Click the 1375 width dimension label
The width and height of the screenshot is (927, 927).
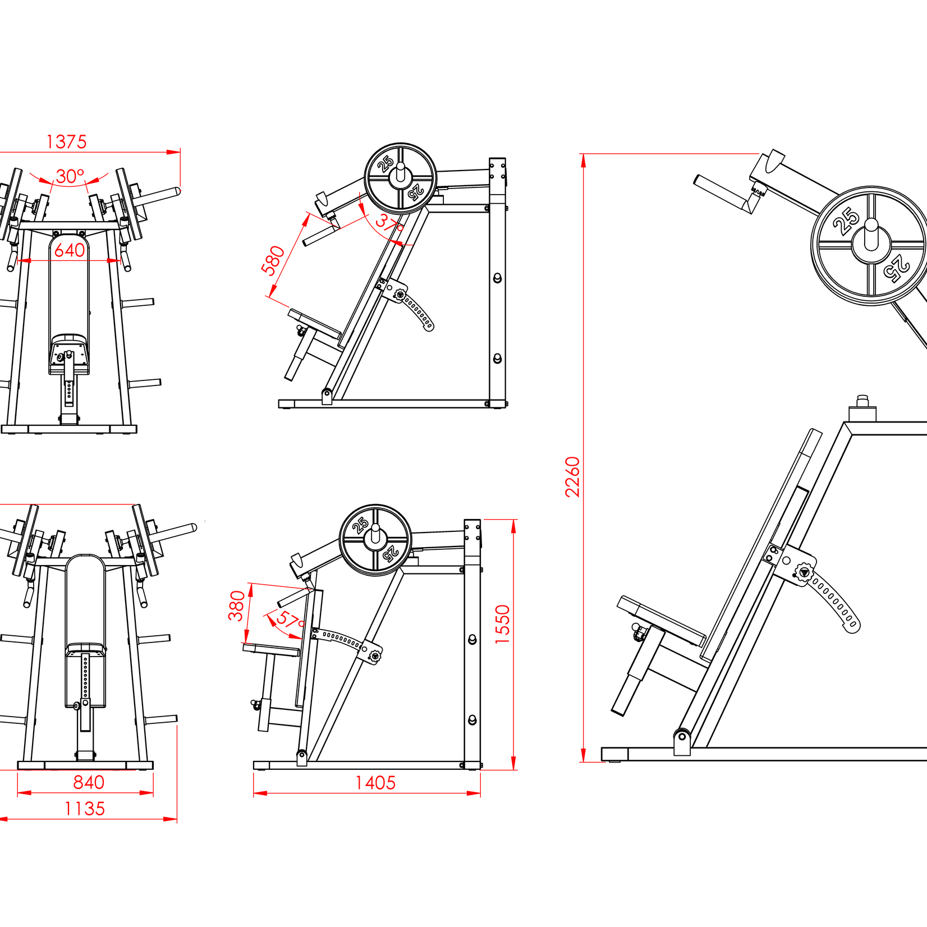pos(66,141)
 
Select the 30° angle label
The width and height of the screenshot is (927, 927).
pos(70,176)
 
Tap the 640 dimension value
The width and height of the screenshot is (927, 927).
pos(70,250)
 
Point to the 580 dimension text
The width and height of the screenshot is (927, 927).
pos(273,260)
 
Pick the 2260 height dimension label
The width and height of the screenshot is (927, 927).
pos(572,476)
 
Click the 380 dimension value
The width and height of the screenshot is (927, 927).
pos(236,605)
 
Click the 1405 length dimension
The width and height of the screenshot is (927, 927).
pos(375,782)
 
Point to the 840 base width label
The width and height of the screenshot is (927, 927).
pos(89,782)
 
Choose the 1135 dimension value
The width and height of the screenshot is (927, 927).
pos(84,809)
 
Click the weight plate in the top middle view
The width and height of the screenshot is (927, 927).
pos(400,178)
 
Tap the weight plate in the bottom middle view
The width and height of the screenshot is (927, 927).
pos(375,540)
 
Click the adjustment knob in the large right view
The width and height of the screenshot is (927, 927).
pos(804,573)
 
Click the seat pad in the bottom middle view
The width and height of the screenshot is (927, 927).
pos(271,650)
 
